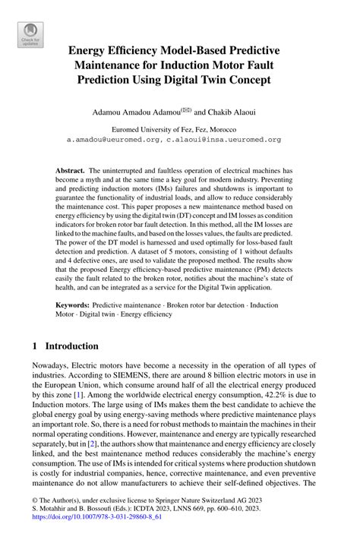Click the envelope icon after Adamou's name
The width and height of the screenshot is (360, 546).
coord(194,108)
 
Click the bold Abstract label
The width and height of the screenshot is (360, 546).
coord(71,172)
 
